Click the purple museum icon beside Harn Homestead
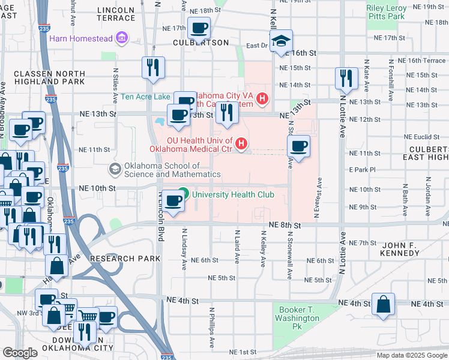pyautogui.click(x=122, y=39)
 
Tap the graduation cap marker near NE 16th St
pyautogui.click(x=280, y=41)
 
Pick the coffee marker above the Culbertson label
pyautogui.click(x=199, y=28)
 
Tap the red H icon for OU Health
pyautogui.click(x=241, y=143)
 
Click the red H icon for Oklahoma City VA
pyautogui.click(x=262, y=99)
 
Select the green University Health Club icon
pyautogui.click(x=185, y=194)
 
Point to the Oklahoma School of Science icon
pyautogui.click(x=115, y=169)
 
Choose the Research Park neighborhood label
pyautogui.click(x=125, y=259)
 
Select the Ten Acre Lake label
pyautogui.click(x=145, y=96)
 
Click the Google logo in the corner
pyautogui.click(x=20, y=353)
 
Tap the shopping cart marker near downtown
pyautogui.click(x=88, y=316)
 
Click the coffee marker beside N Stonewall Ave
pyautogui.click(x=298, y=145)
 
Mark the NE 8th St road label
pyautogui.click(x=285, y=224)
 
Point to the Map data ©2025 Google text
pyautogui.click(x=411, y=355)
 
